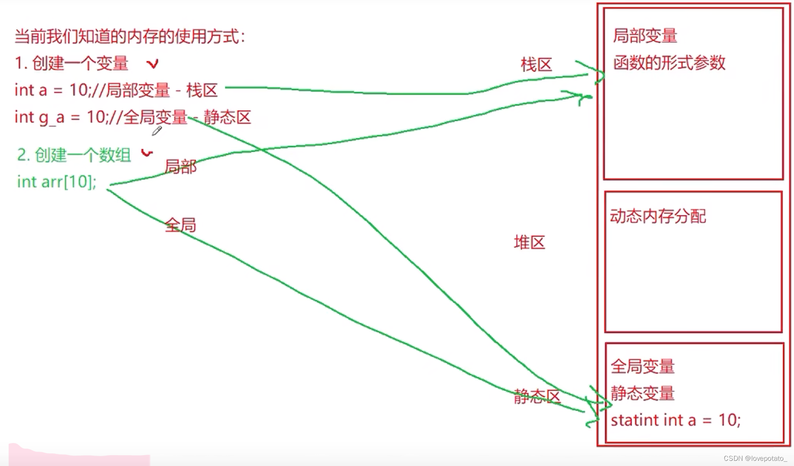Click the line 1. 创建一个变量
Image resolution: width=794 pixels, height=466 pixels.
pyautogui.click(x=72, y=63)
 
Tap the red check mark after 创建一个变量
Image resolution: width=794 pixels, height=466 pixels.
pyautogui.click(x=152, y=64)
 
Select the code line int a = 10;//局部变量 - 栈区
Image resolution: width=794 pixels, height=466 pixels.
pyautogui.click(x=116, y=90)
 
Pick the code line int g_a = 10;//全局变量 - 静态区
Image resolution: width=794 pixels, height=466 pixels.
pyautogui.click(x=132, y=117)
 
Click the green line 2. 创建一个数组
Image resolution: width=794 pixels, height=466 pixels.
pyautogui.click(x=74, y=155)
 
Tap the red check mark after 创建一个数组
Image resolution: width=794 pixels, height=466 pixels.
pyautogui.click(x=147, y=153)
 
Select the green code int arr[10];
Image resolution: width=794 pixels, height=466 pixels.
pyautogui.click(x=56, y=182)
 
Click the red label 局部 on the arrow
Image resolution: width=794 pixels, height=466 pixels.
pyautogui.click(x=180, y=166)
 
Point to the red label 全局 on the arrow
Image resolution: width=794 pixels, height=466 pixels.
pyautogui.click(x=180, y=225)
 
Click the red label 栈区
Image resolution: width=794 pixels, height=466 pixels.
pyautogui.click(x=536, y=65)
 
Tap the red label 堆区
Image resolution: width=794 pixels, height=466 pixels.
pyautogui.click(x=529, y=242)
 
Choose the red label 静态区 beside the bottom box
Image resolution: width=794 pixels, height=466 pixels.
pyautogui.click(x=537, y=396)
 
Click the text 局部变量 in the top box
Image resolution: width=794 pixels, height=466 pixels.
pyautogui.click(x=645, y=36)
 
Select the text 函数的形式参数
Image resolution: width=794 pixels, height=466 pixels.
pyautogui.click(x=669, y=63)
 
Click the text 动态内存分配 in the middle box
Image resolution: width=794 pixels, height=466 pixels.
pyautogui.click(x=658, y=216)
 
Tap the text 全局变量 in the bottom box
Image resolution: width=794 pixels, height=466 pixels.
pyautogui.click(x=642, y=367)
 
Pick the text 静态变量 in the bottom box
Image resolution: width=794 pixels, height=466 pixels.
pyautogui.click(x=642, y=394)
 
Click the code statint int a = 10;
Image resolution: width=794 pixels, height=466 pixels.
pyautogui.click(x=675, y=420)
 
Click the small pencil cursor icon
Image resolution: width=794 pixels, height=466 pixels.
pyautogui.click(x=157, y=130)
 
